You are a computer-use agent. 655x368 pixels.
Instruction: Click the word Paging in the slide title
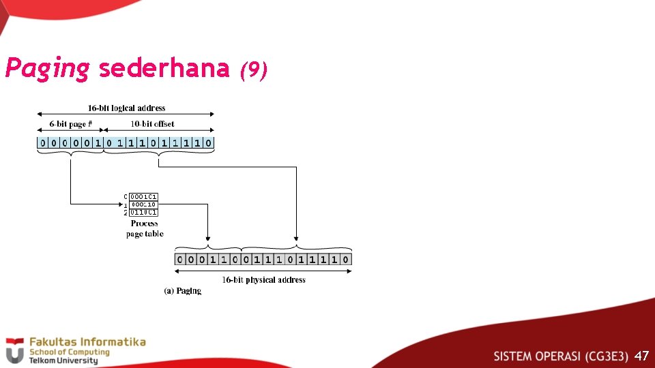(47, 69)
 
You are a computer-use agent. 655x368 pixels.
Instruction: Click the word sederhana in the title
(164, 68)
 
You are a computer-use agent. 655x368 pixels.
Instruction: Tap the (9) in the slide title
(253, 70)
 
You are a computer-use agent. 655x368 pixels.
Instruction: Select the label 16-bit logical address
(126, 108)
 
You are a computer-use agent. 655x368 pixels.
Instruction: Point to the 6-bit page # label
(70, 124)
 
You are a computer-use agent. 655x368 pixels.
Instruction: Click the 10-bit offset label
(152, 124)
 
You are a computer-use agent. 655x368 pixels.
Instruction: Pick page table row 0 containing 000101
(144, 196)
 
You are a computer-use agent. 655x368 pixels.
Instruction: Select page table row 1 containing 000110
(144, 204)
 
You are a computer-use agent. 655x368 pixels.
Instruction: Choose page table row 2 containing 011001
(144, 212)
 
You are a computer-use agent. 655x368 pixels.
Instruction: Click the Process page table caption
(145, 228)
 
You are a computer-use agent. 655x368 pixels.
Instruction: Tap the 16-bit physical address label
(263, 280)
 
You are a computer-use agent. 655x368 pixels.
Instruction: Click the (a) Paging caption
(182, 291)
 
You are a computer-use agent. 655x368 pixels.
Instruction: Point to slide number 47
(641, 356)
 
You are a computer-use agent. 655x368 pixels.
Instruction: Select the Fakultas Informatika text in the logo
(87, 341)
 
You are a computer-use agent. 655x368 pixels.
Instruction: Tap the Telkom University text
(63, 360)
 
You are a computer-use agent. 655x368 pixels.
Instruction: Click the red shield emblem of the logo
(14, 350)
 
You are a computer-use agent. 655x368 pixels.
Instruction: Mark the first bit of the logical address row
(42, 143)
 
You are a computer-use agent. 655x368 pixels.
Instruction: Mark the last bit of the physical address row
(347, 259)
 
